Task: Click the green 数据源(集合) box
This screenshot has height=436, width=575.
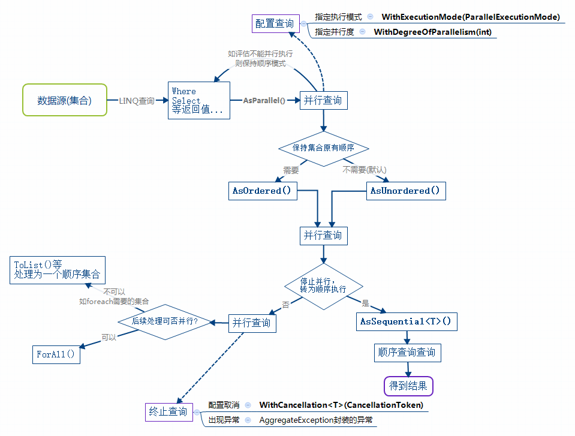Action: click(65, 100)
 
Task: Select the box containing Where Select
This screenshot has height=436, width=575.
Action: click(199, 101)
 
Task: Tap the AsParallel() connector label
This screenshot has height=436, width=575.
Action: click(264, 100)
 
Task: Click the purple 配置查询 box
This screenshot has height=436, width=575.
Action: click(275, 24)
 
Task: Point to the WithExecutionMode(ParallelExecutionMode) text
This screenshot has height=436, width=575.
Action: click(471, 17)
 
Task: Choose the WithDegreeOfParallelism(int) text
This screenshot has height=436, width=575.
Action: click(432, 32)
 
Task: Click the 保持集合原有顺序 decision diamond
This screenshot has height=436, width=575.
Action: click(324, 148)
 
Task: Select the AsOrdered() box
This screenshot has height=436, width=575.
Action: click(262, 191)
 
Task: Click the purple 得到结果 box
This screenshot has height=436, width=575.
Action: click(408, 386)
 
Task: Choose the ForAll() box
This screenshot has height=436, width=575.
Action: click(56, 354)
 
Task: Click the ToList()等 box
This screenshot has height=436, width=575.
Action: click(58, 270)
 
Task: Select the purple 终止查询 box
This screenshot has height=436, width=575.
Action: click(168, 411)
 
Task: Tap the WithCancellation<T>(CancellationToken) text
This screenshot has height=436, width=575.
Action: click(341, 405)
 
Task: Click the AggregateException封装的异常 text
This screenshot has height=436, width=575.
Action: click(316, 420)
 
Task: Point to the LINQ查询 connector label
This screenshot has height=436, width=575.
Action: click(136, 101)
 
